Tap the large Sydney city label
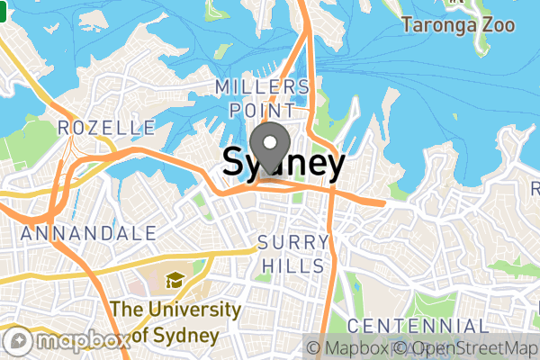[283, 165]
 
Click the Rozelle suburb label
[106, 129]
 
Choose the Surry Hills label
[291, 255]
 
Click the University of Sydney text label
[175, 322]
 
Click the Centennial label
[418, 326]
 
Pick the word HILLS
[293, 266]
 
